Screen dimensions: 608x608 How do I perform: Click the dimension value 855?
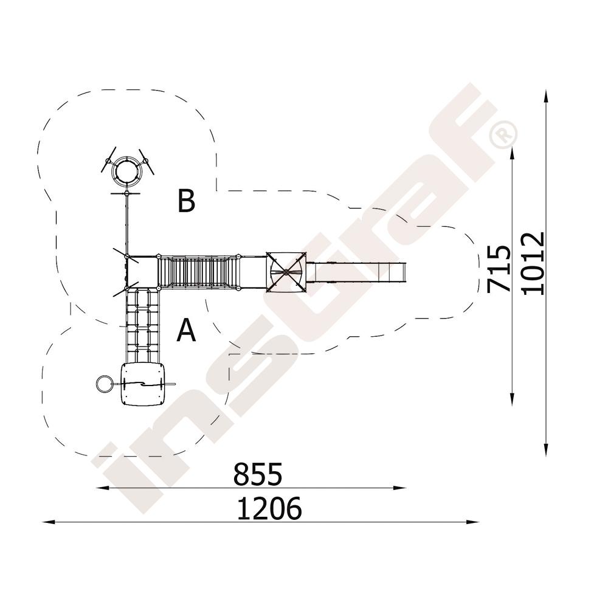(257, 474)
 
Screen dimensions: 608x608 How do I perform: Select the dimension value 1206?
(269, 508)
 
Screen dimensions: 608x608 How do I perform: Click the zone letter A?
(186, 330)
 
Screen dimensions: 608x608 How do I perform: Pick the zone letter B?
(186, 201)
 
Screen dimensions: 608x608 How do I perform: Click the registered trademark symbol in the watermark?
(503, 134)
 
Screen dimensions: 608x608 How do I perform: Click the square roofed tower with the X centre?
(286, 272)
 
